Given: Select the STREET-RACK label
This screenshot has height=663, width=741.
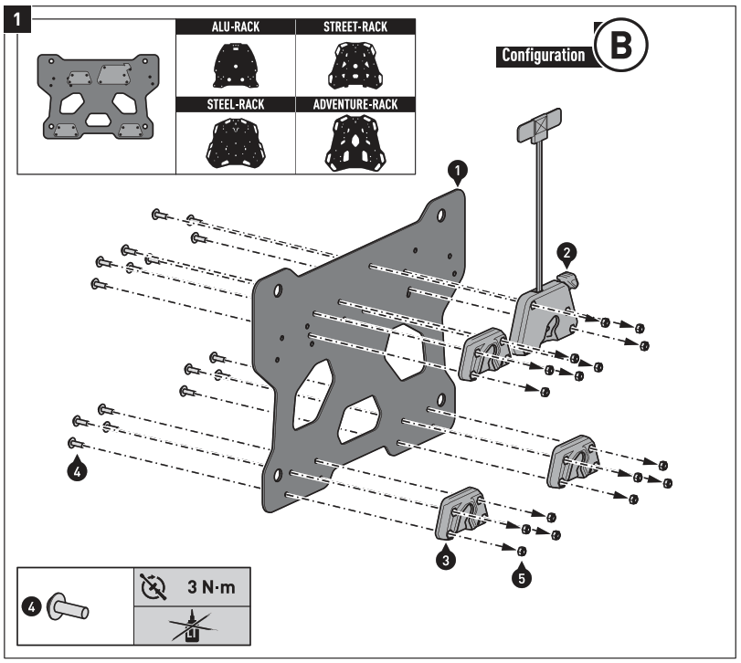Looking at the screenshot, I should click(x=355, y=28).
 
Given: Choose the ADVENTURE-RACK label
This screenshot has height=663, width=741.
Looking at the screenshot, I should click(x=355, y=105).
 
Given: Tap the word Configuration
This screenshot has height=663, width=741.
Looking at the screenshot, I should click(x=543, y=56).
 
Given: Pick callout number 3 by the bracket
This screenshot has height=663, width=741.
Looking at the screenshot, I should click(x=445, y=560).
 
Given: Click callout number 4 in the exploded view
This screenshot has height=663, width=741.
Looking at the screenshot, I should click(x=79, y=471).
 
